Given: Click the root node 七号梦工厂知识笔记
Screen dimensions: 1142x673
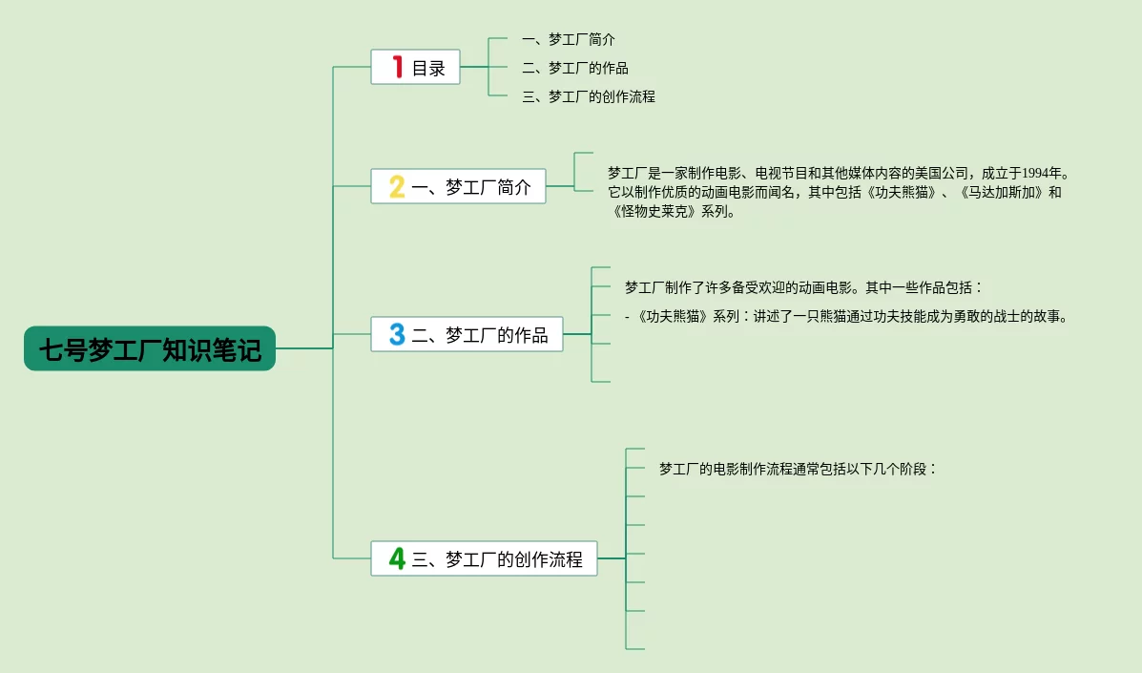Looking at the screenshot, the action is click(150, 348).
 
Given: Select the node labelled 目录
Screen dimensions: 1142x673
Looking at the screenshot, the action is click(415, 67).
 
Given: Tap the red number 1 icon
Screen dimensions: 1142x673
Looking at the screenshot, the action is click(398, 67).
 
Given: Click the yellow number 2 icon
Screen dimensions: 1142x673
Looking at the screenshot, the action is click(397, 186).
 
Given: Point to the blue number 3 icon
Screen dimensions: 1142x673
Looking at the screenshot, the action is click(397, 334).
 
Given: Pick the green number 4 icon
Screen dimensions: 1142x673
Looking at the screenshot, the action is click(397, 558).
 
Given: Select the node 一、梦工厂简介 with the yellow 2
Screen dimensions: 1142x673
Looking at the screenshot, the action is click(458, 186).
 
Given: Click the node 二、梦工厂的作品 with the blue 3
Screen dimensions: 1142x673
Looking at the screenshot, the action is click(467, 334).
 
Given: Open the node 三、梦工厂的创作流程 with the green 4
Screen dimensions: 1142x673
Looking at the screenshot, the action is click(485, 558).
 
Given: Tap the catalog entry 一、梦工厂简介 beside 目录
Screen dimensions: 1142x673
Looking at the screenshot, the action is click(569, 39).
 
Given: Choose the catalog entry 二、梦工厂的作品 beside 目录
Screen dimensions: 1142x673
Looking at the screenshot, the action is click(575, 68).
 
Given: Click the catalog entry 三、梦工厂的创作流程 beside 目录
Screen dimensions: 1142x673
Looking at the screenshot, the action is click(589, 96).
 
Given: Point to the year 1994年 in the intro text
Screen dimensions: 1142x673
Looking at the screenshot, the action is click(1042, 174).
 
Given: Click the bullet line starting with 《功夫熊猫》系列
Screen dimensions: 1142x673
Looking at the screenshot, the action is click(847, 317).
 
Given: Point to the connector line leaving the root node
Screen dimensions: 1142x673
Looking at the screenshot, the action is click(304, 348).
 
